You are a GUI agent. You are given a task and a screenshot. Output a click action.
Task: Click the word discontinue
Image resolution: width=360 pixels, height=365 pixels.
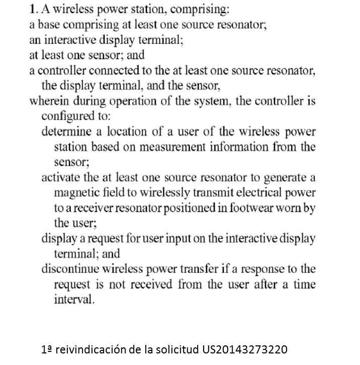click(x=69, y=269)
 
